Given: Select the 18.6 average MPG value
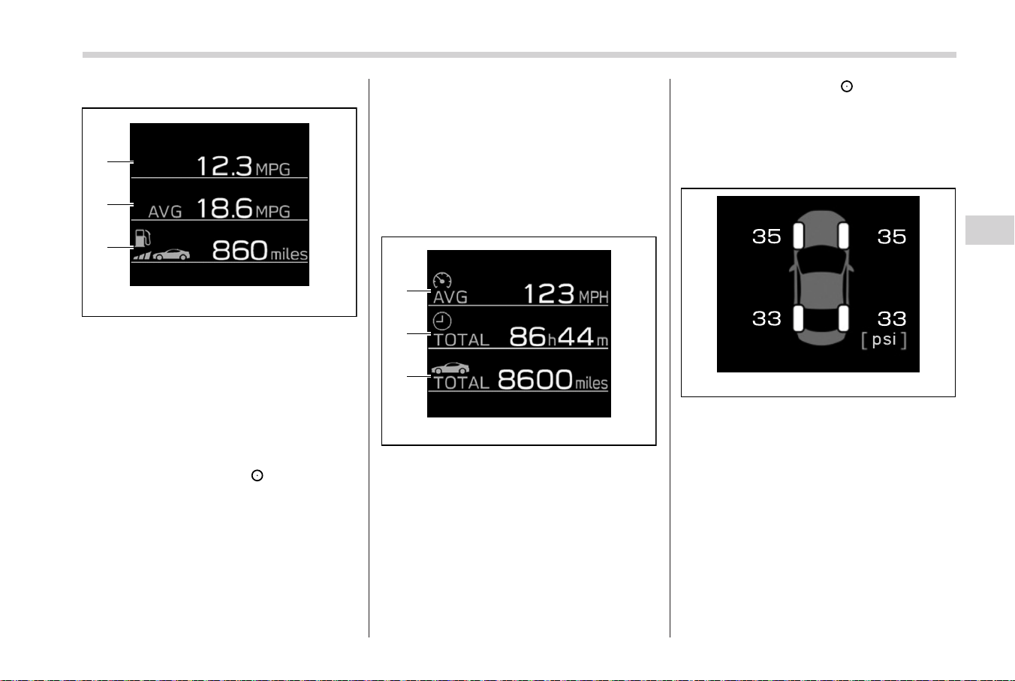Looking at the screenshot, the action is coord(224,208).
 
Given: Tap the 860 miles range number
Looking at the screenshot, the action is coord(239,250).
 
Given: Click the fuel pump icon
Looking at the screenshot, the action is coord(143,238).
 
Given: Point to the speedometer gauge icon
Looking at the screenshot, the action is coord(442,281).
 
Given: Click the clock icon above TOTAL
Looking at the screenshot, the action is coord(441,321).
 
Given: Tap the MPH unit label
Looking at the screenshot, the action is coord(594,297).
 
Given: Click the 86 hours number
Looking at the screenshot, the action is coord(528,336).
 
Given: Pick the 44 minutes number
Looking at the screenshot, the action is coord(576,336).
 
